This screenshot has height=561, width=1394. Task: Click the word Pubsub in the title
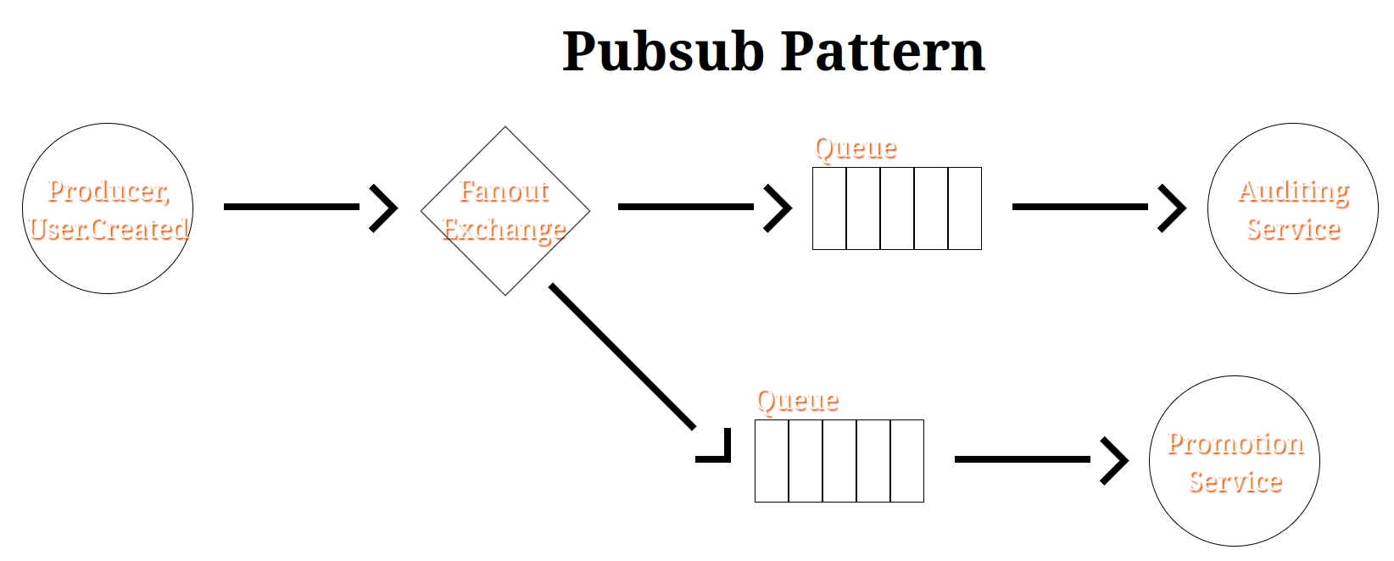(663, 53)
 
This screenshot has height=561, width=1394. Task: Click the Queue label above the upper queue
(855, 148)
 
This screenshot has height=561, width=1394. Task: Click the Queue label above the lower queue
(797, 401)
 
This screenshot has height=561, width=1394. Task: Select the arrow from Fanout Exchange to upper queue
(687, 207)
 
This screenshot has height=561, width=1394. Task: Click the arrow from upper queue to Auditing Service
(1081, 207)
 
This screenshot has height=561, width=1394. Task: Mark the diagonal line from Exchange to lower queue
(622, 356)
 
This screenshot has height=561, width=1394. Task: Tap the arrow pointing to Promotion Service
(1023, 459)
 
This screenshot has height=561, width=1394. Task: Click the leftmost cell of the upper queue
(829, 208)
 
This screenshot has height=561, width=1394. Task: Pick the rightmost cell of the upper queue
(964, 208)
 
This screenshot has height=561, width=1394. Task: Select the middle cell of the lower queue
(839, 461)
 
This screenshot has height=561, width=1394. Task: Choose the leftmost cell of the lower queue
(772, 461)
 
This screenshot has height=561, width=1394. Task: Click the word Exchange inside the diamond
(504, 230)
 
